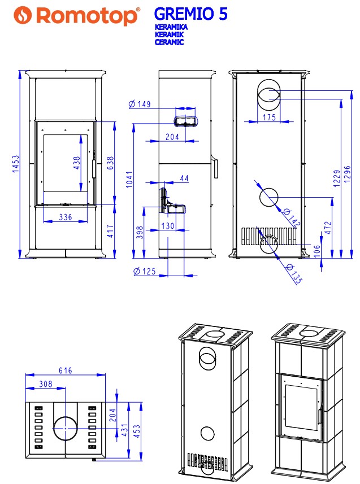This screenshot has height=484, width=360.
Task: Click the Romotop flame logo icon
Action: pyautogui.click(x=23, y=15)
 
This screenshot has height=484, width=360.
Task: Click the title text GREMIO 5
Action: pyautogui.click(x=190, y=14)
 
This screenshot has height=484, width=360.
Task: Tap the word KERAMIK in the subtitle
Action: pyautogui.click(x=170, y=34)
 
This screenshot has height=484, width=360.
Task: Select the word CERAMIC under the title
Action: pyautogui.click(x=170, y=42)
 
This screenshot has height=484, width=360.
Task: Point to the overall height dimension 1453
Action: pyautogui.click(x=15, y=164)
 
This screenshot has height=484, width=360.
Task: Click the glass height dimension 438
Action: pyautogui.click(x=77, y=163)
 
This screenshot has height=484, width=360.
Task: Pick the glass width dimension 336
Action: pyautogui.click(x=66, y=217)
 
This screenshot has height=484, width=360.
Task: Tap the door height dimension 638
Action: pyautogui.click(x=110, y=163)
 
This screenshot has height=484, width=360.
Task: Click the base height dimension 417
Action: pyautogui.click(x=110, y=231)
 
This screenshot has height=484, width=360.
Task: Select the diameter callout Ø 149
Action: pyautogui.click(x=140, y=104)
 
